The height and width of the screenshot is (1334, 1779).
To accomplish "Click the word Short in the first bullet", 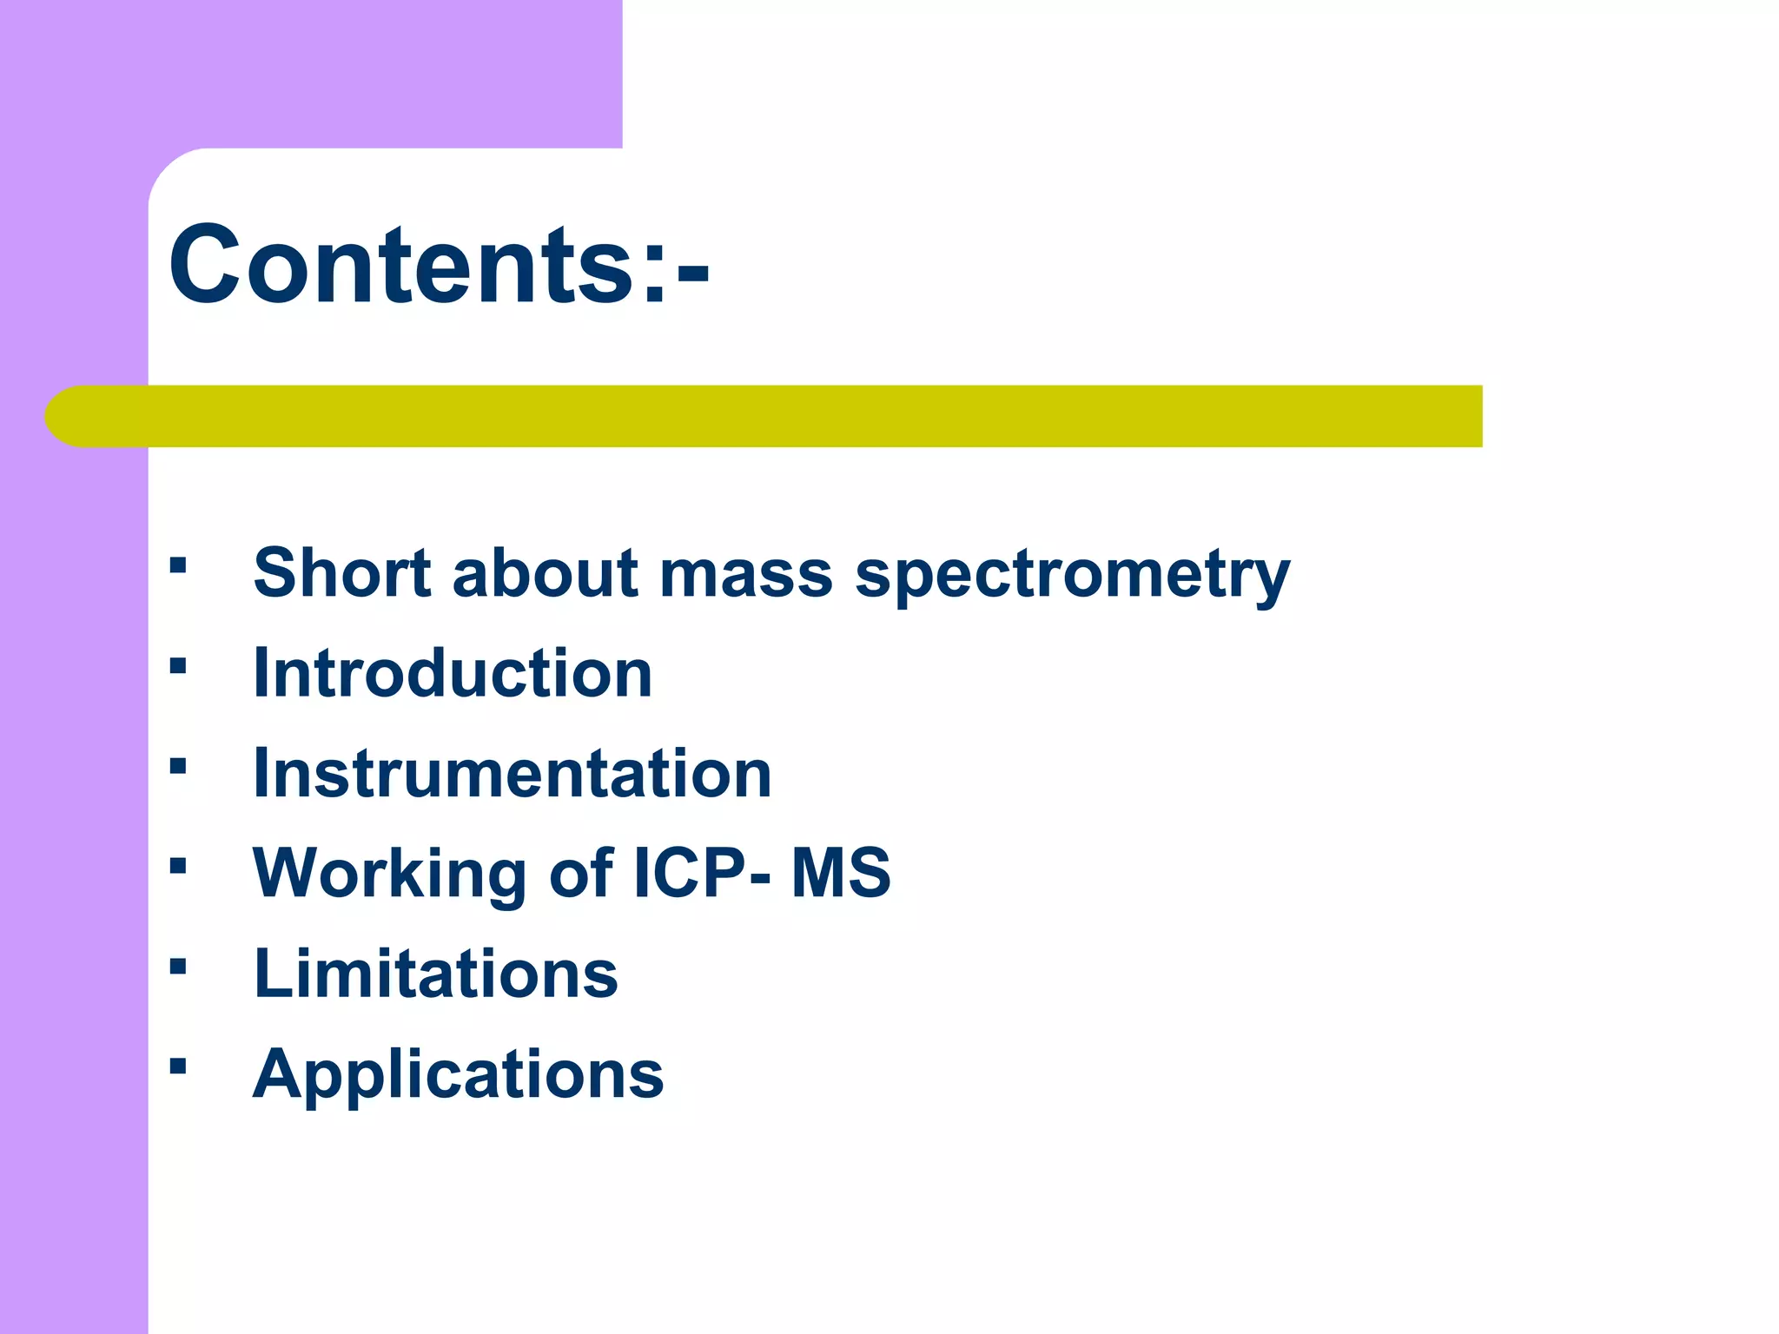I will coord(341,573).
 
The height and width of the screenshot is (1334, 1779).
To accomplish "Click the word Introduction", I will coord(452,674).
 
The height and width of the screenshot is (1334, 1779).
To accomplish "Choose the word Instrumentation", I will coord(512,774).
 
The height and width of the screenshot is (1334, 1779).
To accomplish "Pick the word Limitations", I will coord(435,974).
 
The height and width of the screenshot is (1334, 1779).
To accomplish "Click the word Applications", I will coord(458,1075).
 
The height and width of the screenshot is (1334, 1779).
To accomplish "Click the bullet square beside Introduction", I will coord(178,667).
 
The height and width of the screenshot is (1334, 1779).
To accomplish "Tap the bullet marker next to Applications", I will coord(178,1067).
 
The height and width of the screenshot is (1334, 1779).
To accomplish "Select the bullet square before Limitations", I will coord(178,967).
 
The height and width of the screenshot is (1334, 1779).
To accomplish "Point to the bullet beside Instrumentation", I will coord(178,767).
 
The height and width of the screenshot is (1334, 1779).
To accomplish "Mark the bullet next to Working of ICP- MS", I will coord(178,867).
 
